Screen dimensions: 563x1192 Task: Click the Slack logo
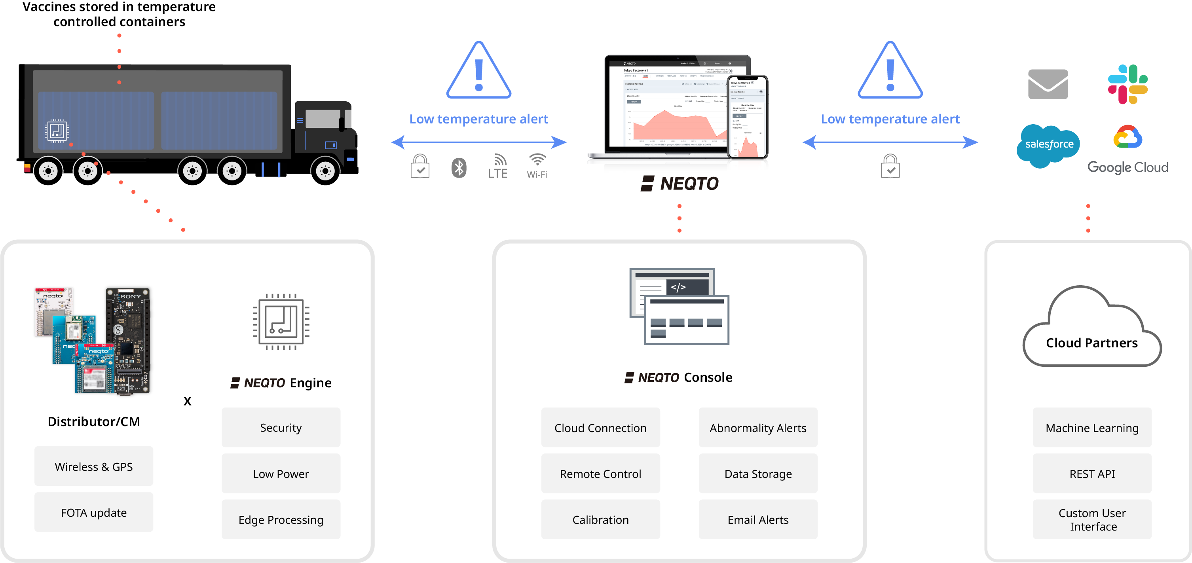click(1127, 84)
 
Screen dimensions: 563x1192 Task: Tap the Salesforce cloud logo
click(1049, 145)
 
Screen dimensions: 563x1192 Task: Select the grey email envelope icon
click(1048, 84)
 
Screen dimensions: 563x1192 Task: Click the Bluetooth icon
click(459, 167)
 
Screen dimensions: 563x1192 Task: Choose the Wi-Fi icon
click(537, 166)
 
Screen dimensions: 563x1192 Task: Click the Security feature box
click(281, 427)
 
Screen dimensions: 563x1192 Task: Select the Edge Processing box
click(281, 519)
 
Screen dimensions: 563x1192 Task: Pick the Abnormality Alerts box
click(758, 427)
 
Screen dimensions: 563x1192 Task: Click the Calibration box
click(600, 519)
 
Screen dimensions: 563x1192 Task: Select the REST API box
click(1092, 473)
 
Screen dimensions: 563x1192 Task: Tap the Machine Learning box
click(1092, 427)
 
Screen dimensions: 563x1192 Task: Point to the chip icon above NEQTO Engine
click(281, 322)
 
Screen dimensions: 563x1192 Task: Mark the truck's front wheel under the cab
click(325, 171)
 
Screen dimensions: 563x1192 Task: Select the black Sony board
click(129, 340)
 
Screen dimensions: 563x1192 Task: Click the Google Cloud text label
click(1127, 167)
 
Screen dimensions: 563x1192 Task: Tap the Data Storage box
click(758, 473)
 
